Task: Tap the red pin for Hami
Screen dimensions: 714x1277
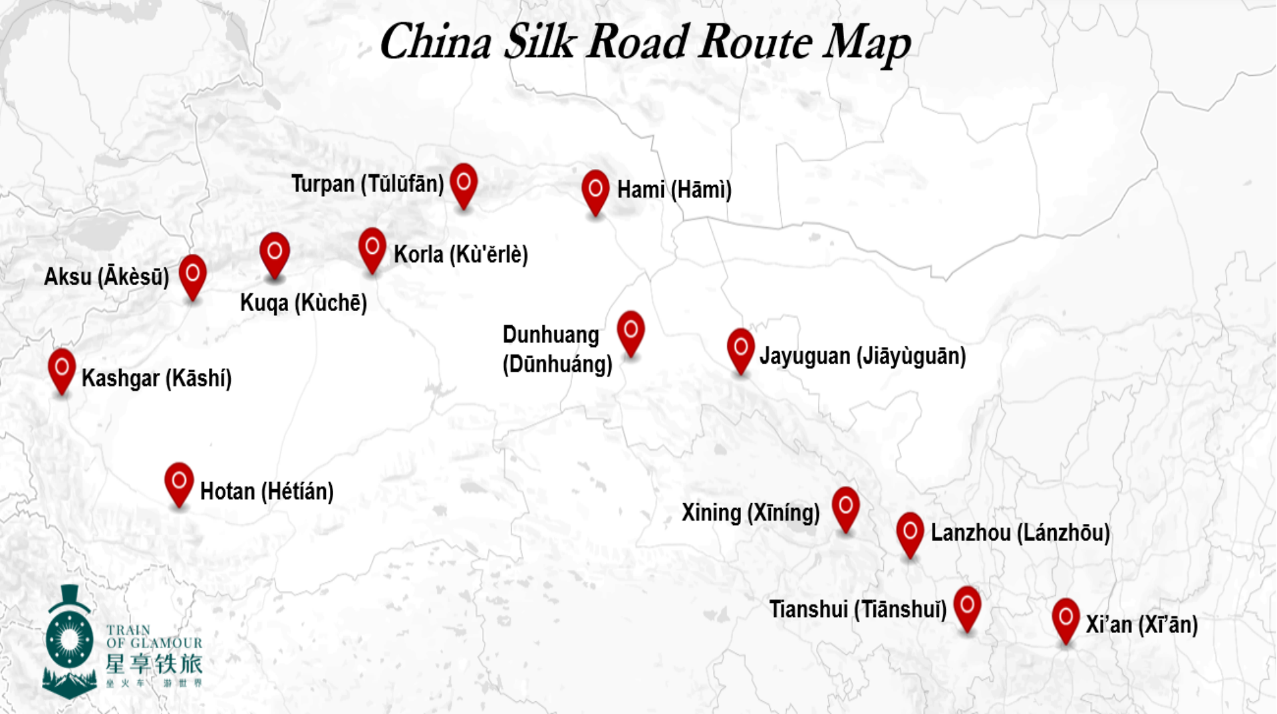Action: click(x=595, y=190)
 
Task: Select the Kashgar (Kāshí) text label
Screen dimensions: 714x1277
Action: click(x=156, y=378)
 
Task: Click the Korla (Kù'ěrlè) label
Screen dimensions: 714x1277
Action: click(x=460, y=255)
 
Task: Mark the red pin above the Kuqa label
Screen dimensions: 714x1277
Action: click(x=275, y=253)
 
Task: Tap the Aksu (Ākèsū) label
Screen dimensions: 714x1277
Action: click(x=106, y=277)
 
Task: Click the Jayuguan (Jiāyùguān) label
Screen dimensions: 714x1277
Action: click(x=863, y=356)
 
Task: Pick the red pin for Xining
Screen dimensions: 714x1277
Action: click(x=845, y=507)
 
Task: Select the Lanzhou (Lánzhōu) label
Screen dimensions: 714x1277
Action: click(x=1020, y=533)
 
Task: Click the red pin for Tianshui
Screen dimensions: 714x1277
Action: click(x=967, y=606)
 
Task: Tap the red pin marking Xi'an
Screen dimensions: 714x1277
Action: click(x=1065, y=618)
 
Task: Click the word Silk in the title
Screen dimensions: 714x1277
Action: click(x=539, y=43)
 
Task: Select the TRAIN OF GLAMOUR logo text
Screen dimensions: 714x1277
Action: click(x=154, y=636)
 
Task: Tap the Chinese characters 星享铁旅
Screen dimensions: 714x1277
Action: click(x=154, y=663)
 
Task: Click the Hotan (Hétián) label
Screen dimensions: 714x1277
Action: click(x=267, y=492)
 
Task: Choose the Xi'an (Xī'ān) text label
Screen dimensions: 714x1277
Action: click(x=1141, y=625)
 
